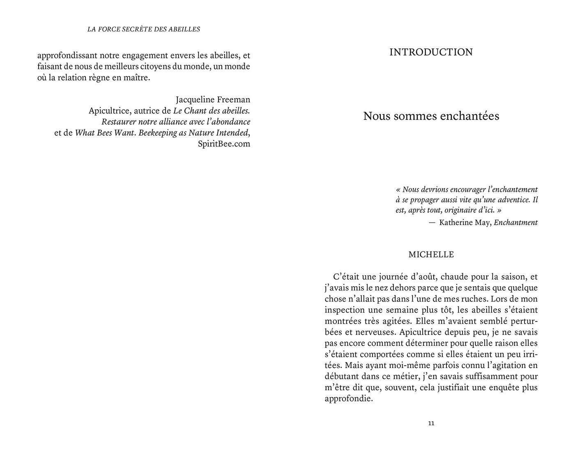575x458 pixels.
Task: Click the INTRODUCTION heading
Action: (431, 52)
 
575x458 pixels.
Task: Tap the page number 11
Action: (431, 423)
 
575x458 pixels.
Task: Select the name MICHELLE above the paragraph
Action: (431, 255)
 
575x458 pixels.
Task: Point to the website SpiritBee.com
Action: (224, 144)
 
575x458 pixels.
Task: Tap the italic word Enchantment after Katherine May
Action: (515, 223)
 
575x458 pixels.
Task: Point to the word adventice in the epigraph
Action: (511, 200)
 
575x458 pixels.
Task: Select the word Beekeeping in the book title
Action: (158, 133)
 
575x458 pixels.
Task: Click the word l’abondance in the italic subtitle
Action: (226, 122)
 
